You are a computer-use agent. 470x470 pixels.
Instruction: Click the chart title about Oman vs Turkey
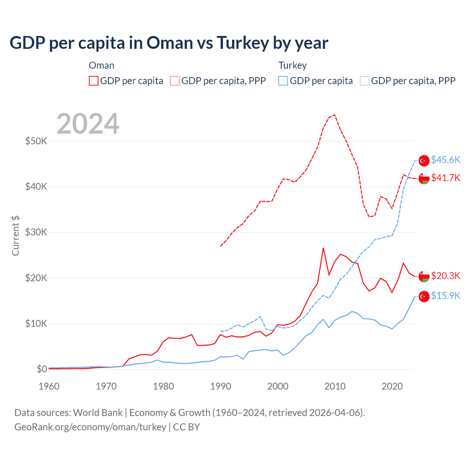[169, 43]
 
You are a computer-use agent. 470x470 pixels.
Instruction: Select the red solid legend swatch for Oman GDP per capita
[94, 81]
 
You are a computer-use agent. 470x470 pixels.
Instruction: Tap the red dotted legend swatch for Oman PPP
[175, 81]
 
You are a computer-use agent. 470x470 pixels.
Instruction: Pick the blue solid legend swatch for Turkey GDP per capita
[283, 81]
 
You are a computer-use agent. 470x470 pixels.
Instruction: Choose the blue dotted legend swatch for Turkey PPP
[365, 81]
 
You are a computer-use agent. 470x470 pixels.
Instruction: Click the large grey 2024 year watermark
[88, 124]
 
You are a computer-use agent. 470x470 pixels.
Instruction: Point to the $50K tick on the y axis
[36, 141]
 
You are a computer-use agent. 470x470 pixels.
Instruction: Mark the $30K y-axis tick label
[36, 232]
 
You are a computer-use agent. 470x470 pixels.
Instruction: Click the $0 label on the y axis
[41, 369]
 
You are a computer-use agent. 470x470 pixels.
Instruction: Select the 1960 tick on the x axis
[49, 386]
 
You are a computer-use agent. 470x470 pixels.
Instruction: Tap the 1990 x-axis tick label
[221, 386]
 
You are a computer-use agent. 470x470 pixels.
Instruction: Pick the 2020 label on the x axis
[392, 386]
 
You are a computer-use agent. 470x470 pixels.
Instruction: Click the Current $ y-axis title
[15, 235]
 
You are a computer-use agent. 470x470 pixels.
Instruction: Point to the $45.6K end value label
[445, 160]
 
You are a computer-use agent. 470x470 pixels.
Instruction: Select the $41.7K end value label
[445, 178]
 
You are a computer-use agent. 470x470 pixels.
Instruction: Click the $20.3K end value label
[445, 276]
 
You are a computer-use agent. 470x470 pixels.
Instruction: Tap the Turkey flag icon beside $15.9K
[424, 296]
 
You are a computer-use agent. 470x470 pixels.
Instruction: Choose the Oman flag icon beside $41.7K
[424, 178]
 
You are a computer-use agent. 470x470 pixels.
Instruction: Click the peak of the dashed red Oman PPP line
[334, 115]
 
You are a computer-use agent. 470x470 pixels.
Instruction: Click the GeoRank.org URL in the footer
[90, 427]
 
